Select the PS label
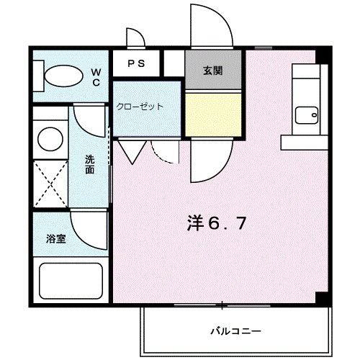137,63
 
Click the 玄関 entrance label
212,71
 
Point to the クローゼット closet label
140,107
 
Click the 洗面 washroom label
89,165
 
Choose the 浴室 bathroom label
57,239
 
